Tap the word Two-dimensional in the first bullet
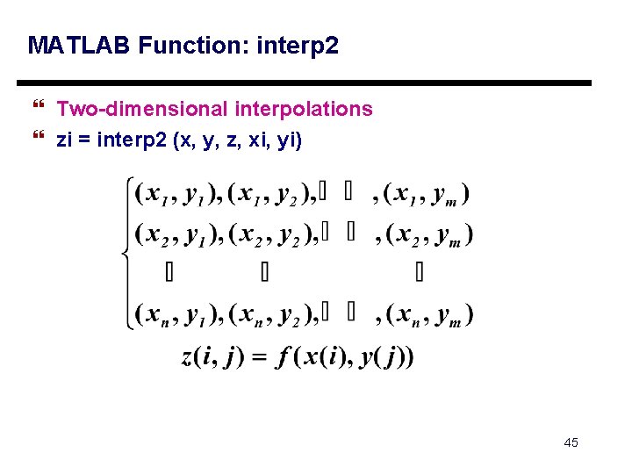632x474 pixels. pyautogui.click(x=142, y=109)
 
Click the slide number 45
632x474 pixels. pyautogui.click(x=571, y=442)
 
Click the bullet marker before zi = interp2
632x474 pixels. pyautogui.click(x=37, y=139)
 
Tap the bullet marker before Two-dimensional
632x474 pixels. pyautogui.click(x=37, y=109)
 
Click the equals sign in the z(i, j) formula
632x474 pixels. pyautogui.click(x=258, y=358)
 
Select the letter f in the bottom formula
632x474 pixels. pyautogui.click(x=283, y=358)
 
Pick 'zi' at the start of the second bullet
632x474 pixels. pyautogui.click(x=64, y=139)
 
